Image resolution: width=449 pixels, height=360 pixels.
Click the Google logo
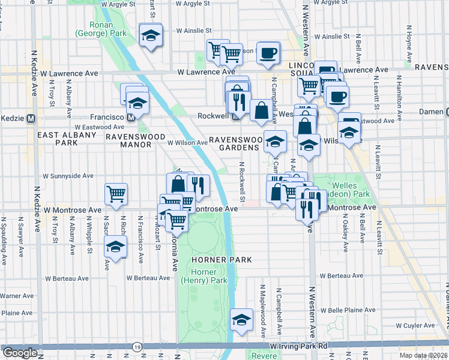pyautogui.click(x=20, y=353)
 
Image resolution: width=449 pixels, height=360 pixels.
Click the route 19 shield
pyautogui.click(x=138, y=347)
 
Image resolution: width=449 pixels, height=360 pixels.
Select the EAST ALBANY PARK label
pyautogui.click(x=66, y=139)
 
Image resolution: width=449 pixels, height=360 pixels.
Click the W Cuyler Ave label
pyautogui.click(x=418, y=309)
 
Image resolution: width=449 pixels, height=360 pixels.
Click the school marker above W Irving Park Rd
pyautogui.click(x=241, y=320)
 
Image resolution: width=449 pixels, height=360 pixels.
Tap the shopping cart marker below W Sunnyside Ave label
pyautogui.click(x=116, y=193)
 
